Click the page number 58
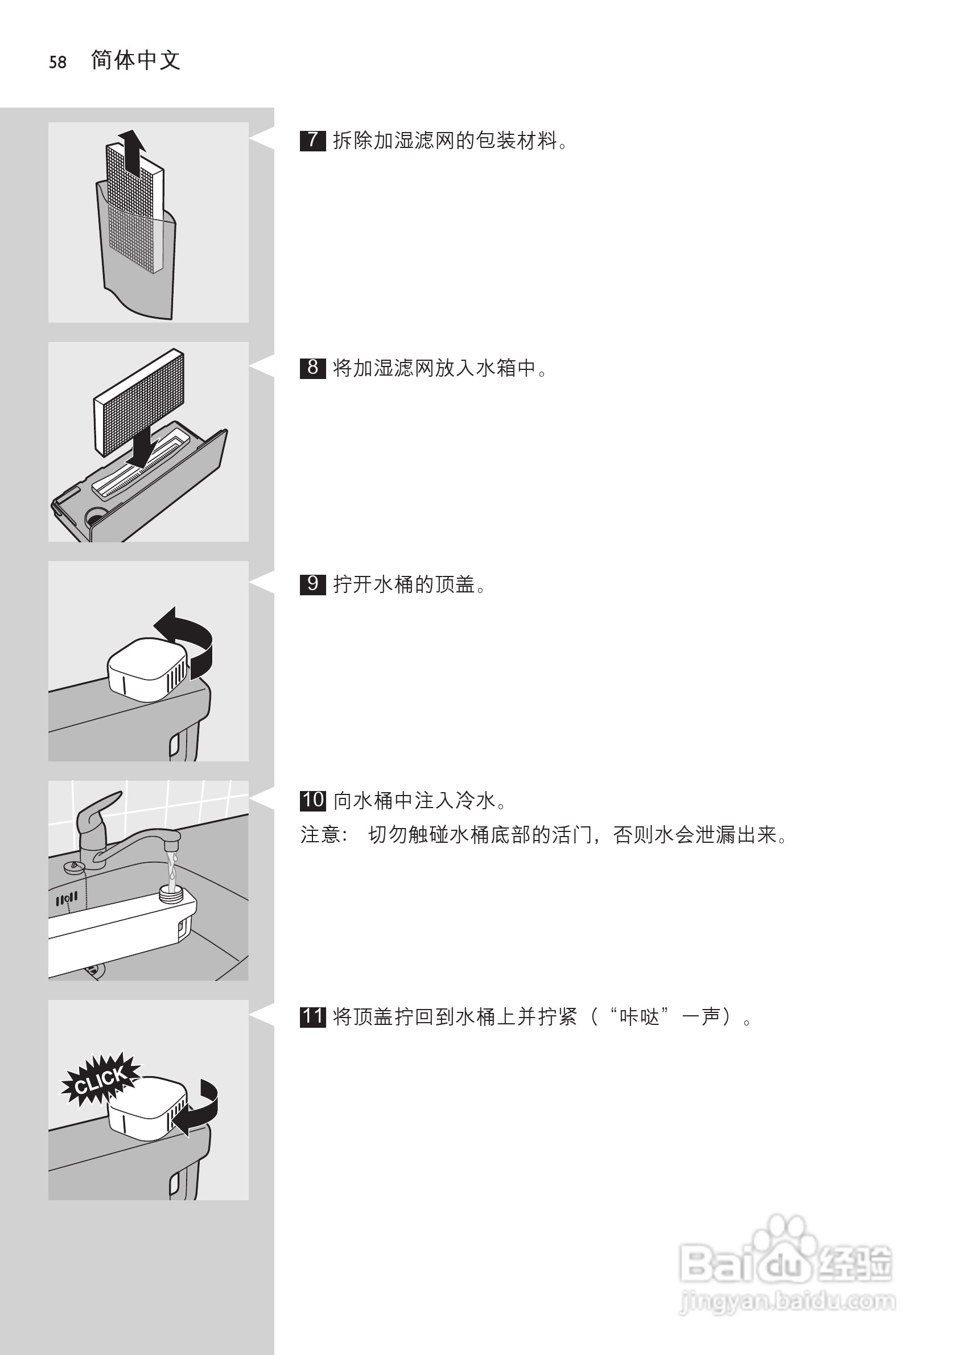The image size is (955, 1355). click(58, 62)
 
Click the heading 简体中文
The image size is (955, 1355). click(136, 60)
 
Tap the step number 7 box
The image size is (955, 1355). click(312, 141)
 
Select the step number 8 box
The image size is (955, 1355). click(312, 368)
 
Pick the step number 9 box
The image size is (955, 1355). click(312, 584)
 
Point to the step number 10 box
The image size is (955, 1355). click(313, 800)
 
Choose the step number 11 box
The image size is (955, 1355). click(312, 1016)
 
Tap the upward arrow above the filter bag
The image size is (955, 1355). click(131, 150)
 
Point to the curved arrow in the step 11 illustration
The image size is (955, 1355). click(200, 1110)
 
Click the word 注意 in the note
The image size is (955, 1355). click(319, 834)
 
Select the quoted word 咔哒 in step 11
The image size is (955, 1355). click(640, 1017)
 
